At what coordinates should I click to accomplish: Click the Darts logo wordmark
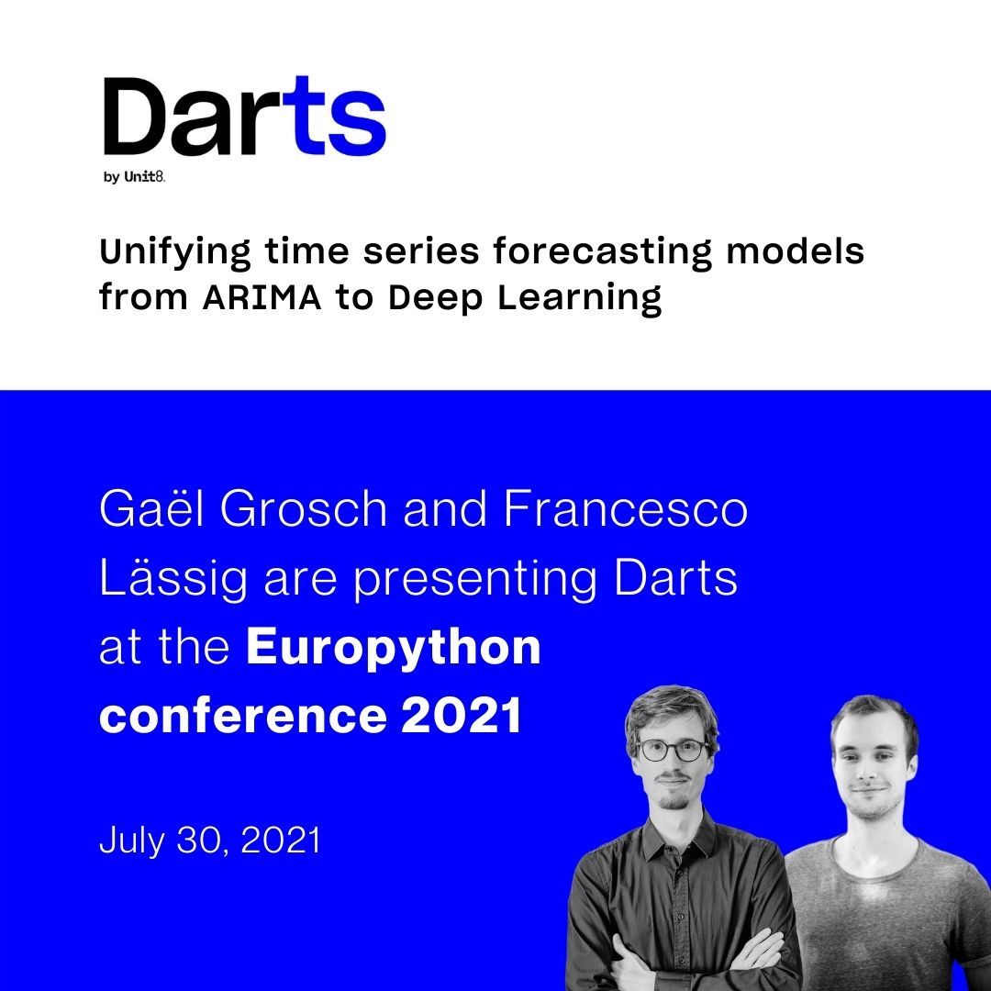(243, 117)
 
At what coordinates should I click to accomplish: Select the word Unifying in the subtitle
(173, 251)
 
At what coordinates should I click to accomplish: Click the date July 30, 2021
(210, 841)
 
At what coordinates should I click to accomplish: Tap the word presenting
(477, 580)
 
